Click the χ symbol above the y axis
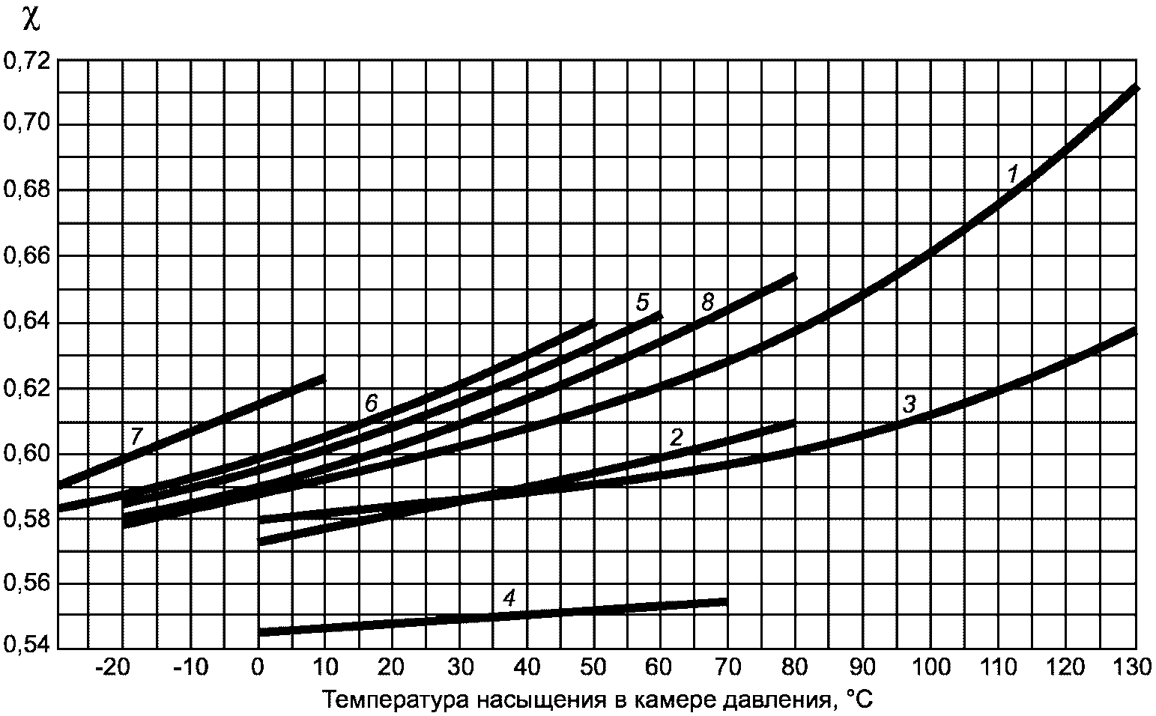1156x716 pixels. click(31, 21)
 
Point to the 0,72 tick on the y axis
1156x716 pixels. click(28, 61)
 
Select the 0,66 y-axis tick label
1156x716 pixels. click(28, 256)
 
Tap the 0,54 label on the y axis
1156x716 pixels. click(28, 645)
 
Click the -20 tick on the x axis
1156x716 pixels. click(112, 667)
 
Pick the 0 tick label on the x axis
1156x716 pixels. click(258, 667)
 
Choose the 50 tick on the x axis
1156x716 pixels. click(593, 667)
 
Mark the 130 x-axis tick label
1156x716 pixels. click(1132, 667)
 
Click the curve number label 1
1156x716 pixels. click(1013, 175)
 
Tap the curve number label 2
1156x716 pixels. click(676, 437)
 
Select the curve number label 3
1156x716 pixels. click(910, 404)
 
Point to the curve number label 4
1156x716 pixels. click(509, 598)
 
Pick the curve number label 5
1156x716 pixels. click(642, 303)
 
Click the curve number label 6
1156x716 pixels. click(371, 403)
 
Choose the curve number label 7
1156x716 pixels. click(136, 437)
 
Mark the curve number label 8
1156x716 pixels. click(707, 302)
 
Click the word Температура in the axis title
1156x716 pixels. click(396, 700)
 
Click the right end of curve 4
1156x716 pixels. click(727, 601)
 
